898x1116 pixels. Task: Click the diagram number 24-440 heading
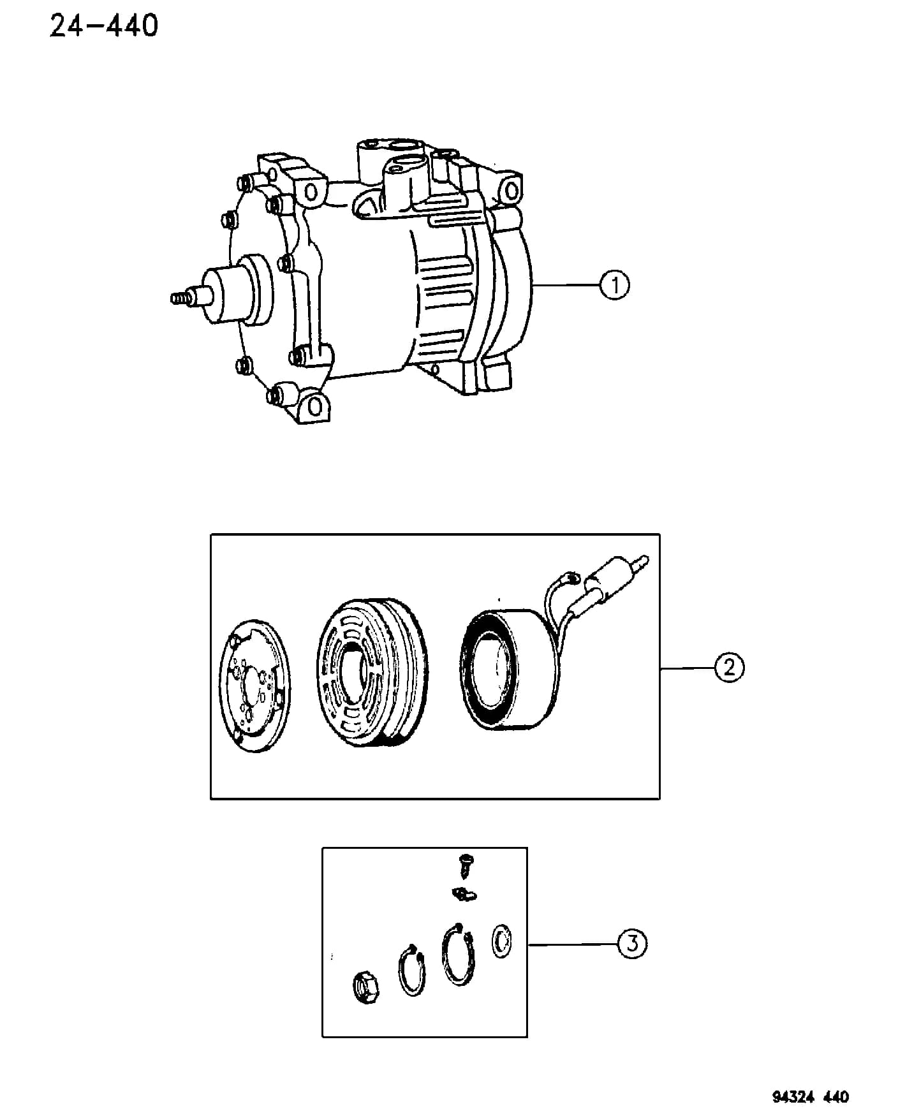point(104,27)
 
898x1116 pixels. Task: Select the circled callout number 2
point(729,667)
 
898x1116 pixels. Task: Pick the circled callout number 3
point(631,943)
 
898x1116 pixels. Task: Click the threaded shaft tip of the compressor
point(182,298)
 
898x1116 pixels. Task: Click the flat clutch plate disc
point(253,683)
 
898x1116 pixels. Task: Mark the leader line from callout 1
point(566,285)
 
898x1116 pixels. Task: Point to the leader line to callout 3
point(572,944)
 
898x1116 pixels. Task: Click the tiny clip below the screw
point(465,894)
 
